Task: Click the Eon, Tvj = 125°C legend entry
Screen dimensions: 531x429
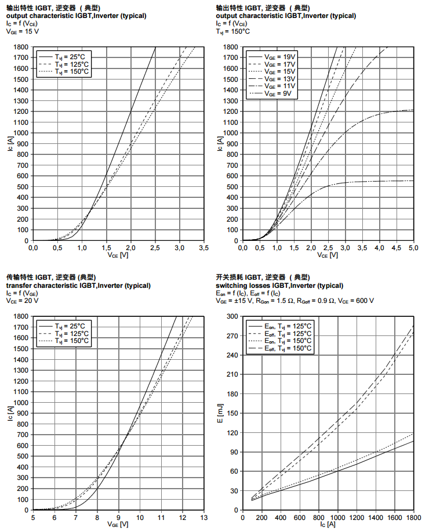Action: (x=288, y=327)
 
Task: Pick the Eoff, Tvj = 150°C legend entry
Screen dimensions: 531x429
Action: (x=288, y=349)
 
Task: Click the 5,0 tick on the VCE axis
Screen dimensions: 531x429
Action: (x=413, y=248)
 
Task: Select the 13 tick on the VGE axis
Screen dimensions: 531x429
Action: (x=203, y=518)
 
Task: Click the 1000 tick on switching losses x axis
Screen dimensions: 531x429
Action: (x=337, y=518)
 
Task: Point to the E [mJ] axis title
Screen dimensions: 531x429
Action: (x=220, y=413)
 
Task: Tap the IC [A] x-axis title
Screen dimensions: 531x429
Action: (x=328, y=525)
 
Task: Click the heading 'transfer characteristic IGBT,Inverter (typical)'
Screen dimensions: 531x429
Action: (x=78, y=286)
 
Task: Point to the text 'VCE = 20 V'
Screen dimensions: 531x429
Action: (x=23, y=301)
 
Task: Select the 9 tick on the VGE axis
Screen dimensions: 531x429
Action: (x=118, y=518)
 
